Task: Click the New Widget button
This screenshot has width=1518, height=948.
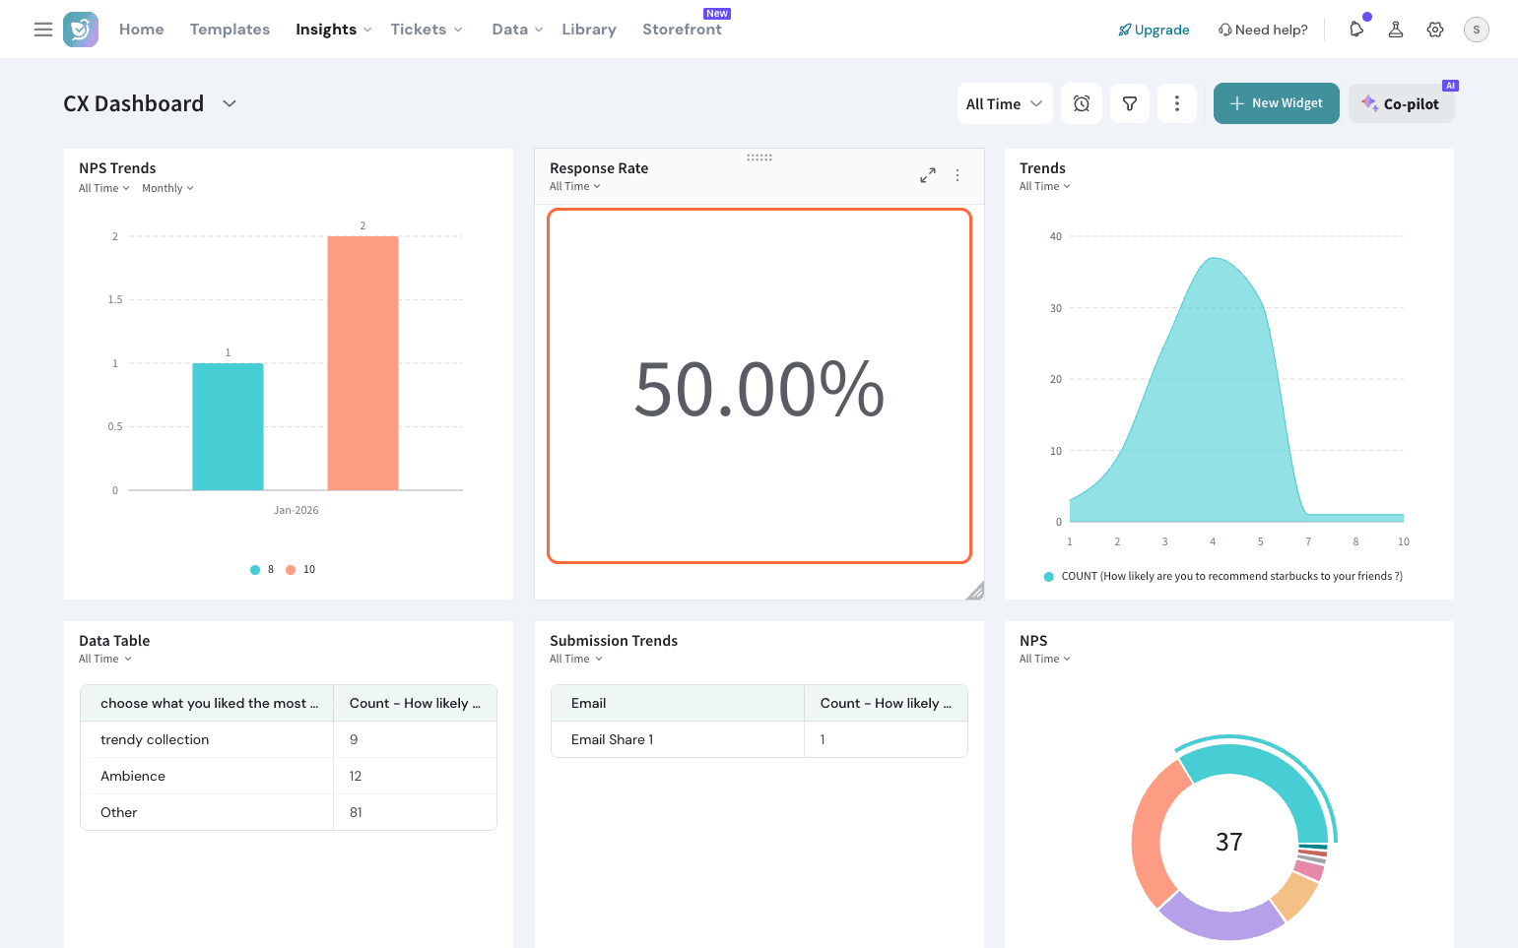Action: (1276, 103)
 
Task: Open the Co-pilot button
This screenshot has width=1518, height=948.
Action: (1401, 103)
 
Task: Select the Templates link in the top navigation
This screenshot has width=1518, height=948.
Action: (230, 30)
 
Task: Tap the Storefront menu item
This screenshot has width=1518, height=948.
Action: (682, 30)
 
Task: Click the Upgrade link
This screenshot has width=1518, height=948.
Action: (1154, 30)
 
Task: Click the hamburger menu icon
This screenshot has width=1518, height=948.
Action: (43, 30)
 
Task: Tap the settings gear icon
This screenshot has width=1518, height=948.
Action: (1435, 30)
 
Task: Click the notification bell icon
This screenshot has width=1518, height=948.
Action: (1356, 30)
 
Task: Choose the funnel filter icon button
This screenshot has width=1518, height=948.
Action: (1130, 103)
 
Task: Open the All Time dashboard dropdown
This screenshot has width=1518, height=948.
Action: (1004, 103)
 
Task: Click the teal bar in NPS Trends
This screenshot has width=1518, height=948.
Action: (228, 426)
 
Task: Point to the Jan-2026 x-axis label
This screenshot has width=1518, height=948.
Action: (296, 510)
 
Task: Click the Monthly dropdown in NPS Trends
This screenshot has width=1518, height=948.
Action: (167, 188)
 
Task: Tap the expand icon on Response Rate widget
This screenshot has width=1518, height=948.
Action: (928, 175)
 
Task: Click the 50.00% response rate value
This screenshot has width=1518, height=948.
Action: (759, 389)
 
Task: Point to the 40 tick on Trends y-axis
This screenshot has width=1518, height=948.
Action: (1056, 236)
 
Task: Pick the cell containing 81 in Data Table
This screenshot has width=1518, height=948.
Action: (356, 812)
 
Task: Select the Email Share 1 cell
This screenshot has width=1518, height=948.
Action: (612, 739)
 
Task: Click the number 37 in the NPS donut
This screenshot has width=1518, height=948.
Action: (1228, 842)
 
